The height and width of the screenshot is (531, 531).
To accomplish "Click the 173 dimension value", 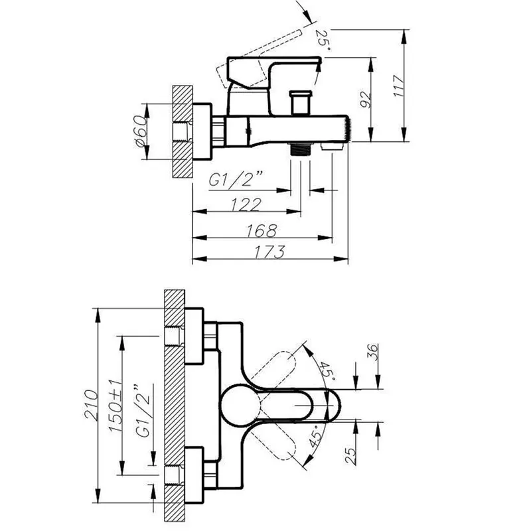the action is [x=269, y=252].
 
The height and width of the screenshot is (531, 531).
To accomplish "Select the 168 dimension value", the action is [x=262, y=231].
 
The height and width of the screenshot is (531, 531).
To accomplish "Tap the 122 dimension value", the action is [x=246, y=204].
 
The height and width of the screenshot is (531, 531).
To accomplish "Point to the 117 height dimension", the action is [x=399, y=86].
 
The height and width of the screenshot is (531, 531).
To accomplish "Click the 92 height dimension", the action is [x=366, y=100].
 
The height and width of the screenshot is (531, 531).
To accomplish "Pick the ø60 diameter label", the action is [x=141, y=131].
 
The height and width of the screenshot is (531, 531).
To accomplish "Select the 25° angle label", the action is [x=323, y=40].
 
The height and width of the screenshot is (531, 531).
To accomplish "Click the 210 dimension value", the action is [x=91, y=405].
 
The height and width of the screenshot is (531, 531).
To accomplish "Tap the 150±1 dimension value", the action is [x=115, y=406].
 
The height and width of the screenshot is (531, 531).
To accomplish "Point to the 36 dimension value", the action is [x=372, y=352].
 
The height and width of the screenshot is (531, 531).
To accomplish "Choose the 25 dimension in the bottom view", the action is [x=350, y=456].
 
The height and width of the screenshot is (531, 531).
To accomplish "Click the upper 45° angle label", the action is [x=327, y=371].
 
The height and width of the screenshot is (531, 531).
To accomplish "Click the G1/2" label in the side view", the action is [x=236, y=179].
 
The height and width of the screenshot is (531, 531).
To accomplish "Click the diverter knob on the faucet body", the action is [x=300, y=103].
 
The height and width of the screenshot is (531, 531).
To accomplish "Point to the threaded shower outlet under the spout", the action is [x=300, y=149].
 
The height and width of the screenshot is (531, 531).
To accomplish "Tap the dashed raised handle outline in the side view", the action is [x=258, y=60].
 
